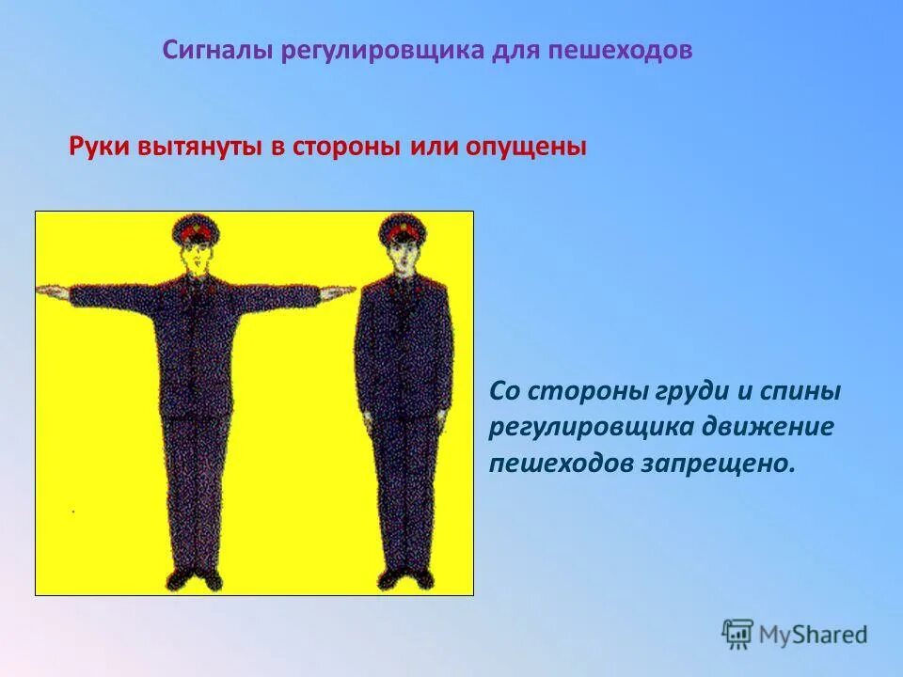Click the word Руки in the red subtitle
coord(100,148)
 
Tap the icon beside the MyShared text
coord(738,635)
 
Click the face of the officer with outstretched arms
coord(196,258)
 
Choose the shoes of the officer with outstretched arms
coord(196,578)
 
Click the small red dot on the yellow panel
coord(73,512)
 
